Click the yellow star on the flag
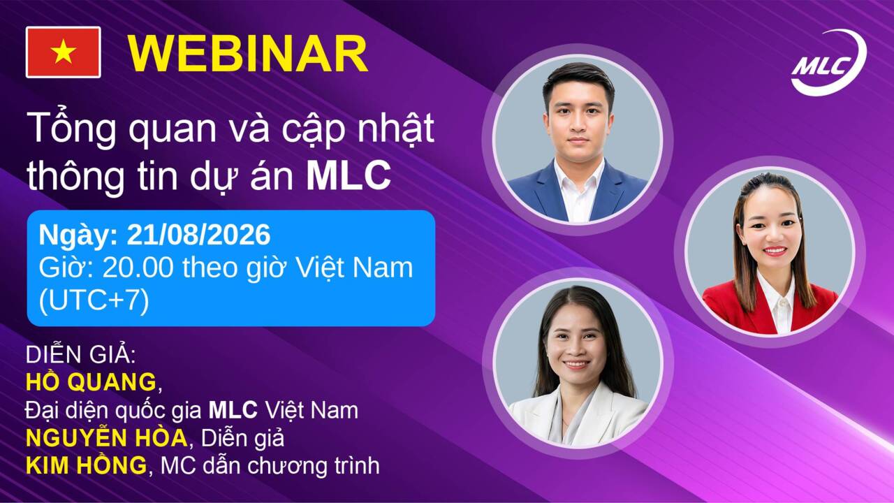63,52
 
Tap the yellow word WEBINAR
247,54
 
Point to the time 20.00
138,268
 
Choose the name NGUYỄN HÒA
107,437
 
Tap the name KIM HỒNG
86,465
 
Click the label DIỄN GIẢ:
80,354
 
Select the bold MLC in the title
349,175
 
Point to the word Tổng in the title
71,129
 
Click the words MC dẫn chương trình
270,465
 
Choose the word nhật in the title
395,129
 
